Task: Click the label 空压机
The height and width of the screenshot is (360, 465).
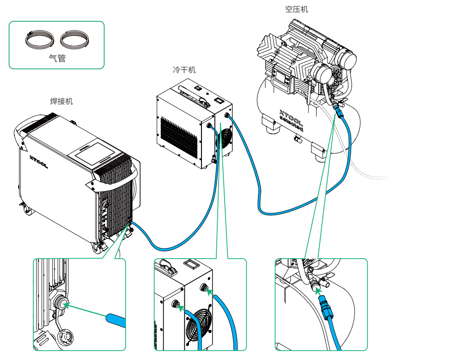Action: (x=297, y=9)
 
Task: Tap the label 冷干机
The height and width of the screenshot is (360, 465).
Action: (x=184, y=70)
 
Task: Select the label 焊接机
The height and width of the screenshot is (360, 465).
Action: (x=62, y=101)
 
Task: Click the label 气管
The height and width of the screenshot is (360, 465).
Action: (x=57, y=58)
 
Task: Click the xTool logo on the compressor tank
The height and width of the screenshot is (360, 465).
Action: (x=291, y=120)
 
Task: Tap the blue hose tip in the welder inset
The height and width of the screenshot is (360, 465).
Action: (x=116, y=321)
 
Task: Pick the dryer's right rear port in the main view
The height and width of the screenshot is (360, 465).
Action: (x=227, y=114)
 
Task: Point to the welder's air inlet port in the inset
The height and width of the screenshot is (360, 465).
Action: (x=59, y=303)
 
